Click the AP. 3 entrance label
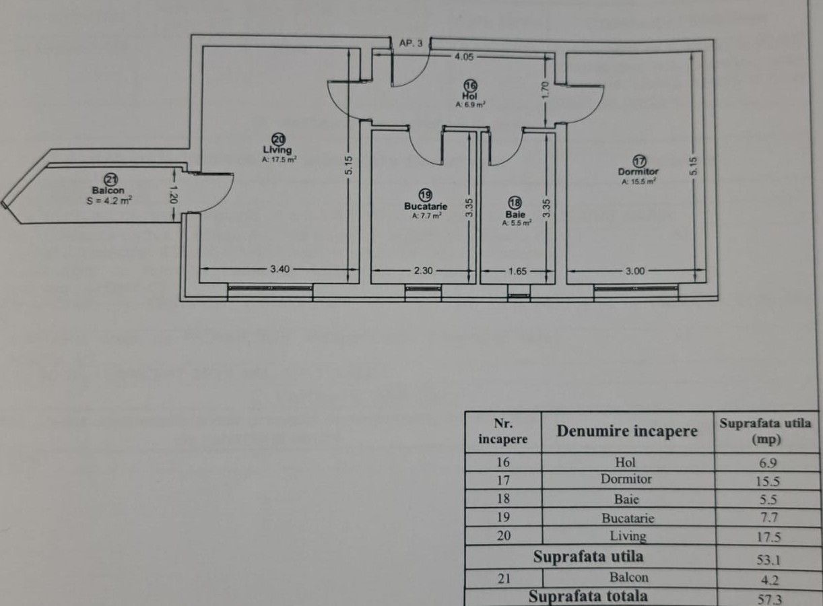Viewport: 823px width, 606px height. point(411,43)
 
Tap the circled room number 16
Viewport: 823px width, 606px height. point(470,86)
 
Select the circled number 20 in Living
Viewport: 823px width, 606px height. point(278,139)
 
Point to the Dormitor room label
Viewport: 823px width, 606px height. point(638,171)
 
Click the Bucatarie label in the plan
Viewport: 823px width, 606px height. point(426,206)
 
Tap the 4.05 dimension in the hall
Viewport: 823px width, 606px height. point(463,58)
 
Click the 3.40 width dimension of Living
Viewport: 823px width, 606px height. point(279,270)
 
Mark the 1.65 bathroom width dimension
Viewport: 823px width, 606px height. point(517,271)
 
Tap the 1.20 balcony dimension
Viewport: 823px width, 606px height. point(174,195)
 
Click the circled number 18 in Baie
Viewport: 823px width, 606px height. point(515,201)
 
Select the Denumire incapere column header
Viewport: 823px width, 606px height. point(626,432)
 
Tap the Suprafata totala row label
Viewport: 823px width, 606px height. point(588,596)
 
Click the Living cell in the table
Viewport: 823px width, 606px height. point(628,536)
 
